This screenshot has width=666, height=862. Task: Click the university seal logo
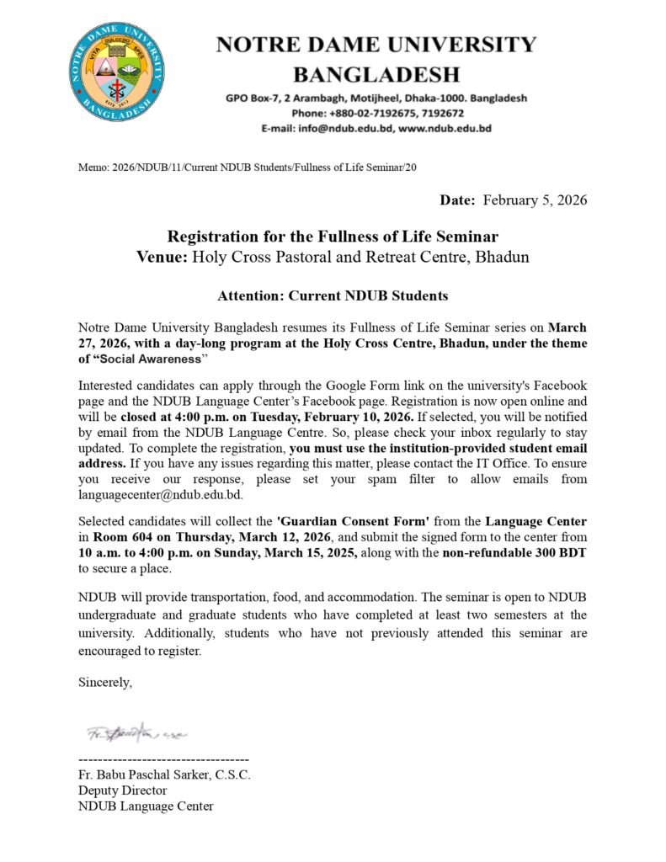click(x=119, y=70)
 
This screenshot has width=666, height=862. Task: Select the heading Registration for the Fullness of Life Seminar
click(x=333, y=237)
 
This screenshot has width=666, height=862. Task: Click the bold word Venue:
click(x=163, y=257)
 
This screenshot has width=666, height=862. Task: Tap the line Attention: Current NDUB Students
click(x=333, y=295)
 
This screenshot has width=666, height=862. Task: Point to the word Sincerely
click(x=105, y=682)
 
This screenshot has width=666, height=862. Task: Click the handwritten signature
click(x=135, y=732)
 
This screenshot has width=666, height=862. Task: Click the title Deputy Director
click(x=123, y=790)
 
